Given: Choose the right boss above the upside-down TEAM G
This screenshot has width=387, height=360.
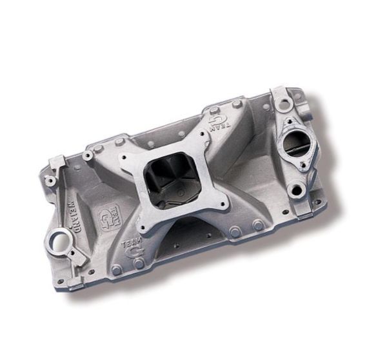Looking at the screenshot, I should click(238, 103).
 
